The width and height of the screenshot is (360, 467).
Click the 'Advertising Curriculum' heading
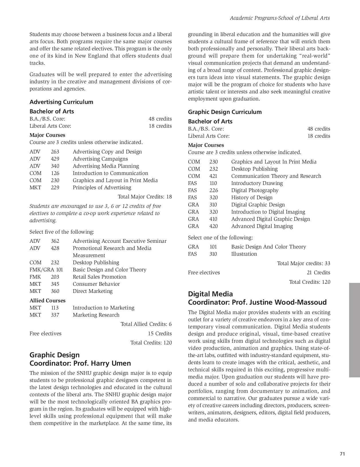(x=61, y=102)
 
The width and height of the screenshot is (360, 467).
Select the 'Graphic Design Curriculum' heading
(x=225, y=112)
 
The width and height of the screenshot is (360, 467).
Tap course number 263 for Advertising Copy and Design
(x=55, y=152)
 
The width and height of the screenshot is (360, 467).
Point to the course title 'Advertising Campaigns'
(x=100, y=159)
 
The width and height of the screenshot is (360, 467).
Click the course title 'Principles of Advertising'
(x=102, y=188)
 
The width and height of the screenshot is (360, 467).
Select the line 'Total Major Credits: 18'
(x=145, y=197)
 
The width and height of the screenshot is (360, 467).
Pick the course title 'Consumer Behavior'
(x=96, y=284)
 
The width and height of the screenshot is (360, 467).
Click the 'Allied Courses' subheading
(x=47, y=301)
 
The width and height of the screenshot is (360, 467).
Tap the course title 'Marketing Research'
(x=96, y=315)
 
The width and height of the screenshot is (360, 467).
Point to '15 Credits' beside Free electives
(x=160, y=334)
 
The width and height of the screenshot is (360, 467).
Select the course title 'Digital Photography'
(x=255, y=190)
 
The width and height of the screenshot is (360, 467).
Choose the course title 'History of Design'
(x=252, y=198)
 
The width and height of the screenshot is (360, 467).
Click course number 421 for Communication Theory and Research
(x=213, y=176)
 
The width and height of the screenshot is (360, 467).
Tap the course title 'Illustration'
(x=244, y=254)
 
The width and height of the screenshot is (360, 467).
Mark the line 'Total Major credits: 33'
(x=304, y=263)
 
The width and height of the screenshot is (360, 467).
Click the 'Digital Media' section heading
(x=210, y=294)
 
